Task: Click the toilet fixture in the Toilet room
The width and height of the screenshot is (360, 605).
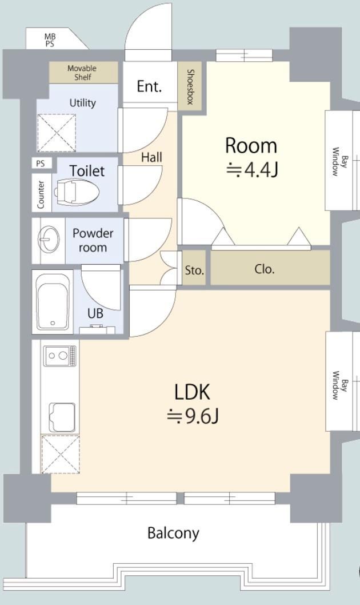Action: click(x=77, y=192)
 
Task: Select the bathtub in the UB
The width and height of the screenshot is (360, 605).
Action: click(x=53, y=302)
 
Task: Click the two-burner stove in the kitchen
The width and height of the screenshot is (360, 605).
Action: click(x=60, y=356)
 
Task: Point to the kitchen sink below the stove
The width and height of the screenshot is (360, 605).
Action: click(x=62, y=418)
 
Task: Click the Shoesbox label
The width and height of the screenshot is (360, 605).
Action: click(x=190, y=87)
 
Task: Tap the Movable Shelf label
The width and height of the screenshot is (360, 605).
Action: click(x=82, y=73)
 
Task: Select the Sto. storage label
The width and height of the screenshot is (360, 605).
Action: click(x=194, y=270)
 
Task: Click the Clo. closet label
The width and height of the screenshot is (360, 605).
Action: click(x=265, y=269)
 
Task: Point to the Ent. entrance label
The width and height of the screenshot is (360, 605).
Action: click(x=149, y=86)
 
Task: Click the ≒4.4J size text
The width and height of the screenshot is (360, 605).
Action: click(x=251, y=170)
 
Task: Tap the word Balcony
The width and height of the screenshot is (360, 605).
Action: click(x=174, y=533)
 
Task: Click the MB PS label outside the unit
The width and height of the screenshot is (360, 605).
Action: click(x=50, y=40)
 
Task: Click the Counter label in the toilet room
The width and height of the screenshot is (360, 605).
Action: click(x=41, y=195)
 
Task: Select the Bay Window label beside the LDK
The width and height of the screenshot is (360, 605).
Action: click(x=339, y=385)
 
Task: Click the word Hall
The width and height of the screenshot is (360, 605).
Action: click(x=151, y=157)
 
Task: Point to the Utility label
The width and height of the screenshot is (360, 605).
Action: click(x=82, y=103)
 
